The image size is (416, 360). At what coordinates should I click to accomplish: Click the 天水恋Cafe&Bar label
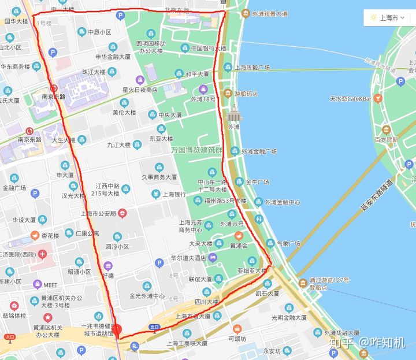pyautogui.click(x=350, y=99)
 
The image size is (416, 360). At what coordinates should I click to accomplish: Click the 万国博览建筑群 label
pyautogui.click(x=196, y=149)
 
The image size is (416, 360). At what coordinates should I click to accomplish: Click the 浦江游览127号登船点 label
pyautogui.click(x=329, y=284)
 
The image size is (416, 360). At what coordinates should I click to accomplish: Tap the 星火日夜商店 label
pyautogui.click(x=139, y=90)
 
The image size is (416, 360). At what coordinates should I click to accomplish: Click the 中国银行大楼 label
pyautogui.click(x=208, y=48)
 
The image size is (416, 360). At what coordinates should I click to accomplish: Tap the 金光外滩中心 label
pyautogui.click(x=147, y=296)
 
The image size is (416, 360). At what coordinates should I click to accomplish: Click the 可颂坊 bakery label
pyautogui.click(x=237, y=339)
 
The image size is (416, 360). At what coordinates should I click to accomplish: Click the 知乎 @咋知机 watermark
pyautogui.click(x=367, y=343)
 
